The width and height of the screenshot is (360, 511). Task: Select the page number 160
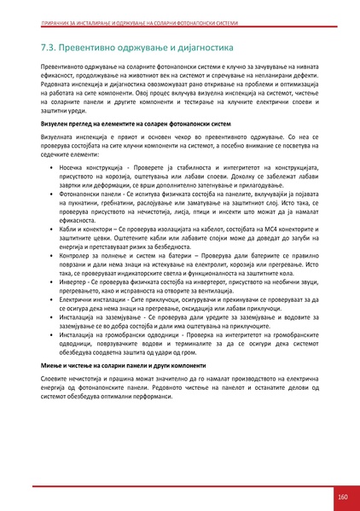pyautogui.click(x=342, y=496)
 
